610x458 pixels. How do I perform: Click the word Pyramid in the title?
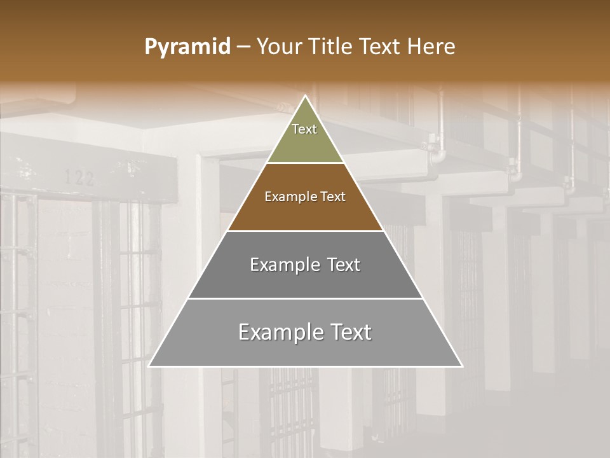coord(187,47)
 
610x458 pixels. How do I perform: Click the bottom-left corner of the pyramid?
coord(150,366)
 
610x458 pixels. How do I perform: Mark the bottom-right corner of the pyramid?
coord(461,366)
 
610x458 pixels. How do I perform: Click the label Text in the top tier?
coord(304,129)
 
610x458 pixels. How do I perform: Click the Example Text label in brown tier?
coord(305,197)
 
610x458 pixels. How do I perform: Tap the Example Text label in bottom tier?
coord(305,332)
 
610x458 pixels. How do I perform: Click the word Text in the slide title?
coord(381,47)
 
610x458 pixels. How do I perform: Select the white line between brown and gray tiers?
coord(305,231)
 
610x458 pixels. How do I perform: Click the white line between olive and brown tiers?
coord(305,163)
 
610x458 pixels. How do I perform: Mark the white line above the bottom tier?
coord(305,298)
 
